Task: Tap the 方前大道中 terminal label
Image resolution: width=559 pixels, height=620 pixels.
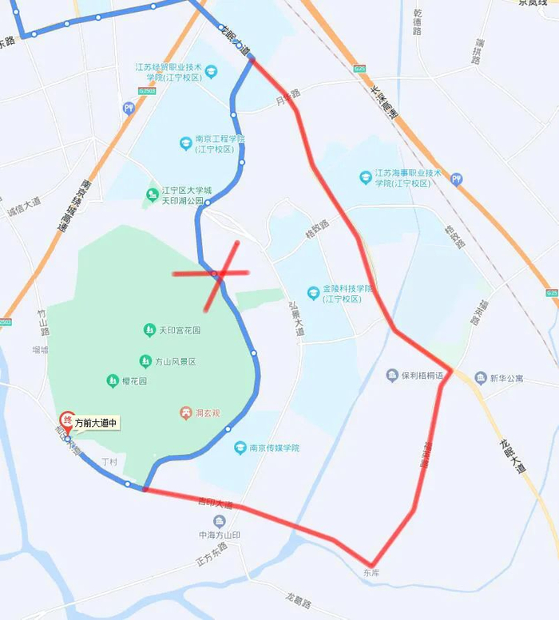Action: (x=97, y=424)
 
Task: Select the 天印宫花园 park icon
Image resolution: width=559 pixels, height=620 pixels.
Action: (x=149, y=330)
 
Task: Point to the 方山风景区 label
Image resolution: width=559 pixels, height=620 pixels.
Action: (x=176, y=361)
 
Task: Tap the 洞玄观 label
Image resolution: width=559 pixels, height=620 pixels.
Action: (x=204, y=413)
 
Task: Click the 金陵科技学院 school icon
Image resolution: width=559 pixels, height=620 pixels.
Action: (x=313, y=292)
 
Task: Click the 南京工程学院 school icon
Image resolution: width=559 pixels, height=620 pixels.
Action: (x=185, y=144)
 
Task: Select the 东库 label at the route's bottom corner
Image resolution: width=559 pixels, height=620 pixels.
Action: (x=370, y=573)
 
